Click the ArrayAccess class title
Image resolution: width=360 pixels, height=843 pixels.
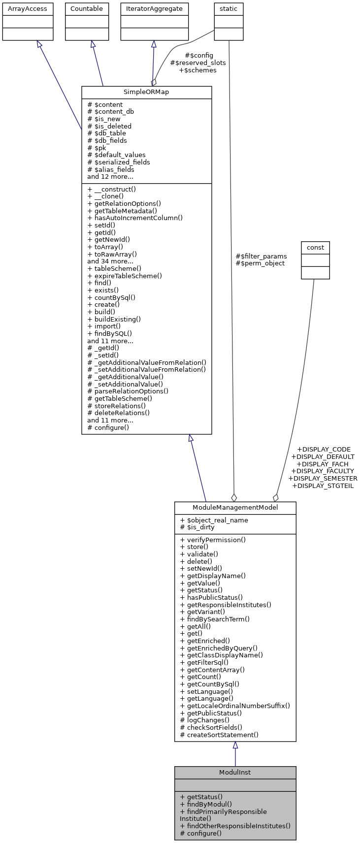pos(28,9)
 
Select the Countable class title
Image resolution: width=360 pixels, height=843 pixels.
pos(87,9)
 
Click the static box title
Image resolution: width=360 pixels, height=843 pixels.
pos(229,9)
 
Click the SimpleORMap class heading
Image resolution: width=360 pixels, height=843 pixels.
pos(146,93)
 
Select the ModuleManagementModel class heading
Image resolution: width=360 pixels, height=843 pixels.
pos(235,508)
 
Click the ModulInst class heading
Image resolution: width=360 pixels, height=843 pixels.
pos(235,772)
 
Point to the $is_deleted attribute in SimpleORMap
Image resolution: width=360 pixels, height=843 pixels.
pos(109,126)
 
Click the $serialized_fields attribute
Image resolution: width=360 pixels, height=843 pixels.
pos(119,162)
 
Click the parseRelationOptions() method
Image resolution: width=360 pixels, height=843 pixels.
pos(128,391)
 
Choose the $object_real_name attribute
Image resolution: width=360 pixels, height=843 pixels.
pos(214,520)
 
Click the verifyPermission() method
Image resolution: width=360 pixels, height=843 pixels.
pos(213,540)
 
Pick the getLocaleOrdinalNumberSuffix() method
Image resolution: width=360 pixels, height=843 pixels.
pos(235,706)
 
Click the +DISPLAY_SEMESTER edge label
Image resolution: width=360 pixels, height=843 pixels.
pos(323,478)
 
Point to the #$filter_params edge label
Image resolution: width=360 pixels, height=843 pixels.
pos(261,256)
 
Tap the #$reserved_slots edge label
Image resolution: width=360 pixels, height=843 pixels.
pos(198,63)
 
